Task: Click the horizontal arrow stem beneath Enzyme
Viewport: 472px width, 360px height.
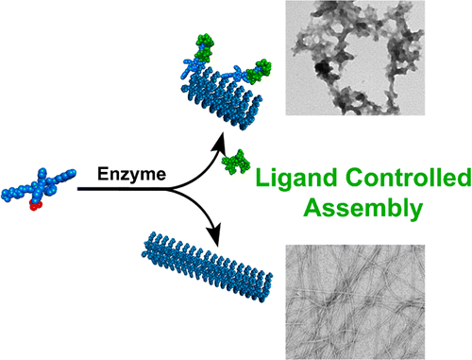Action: [132, 189]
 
